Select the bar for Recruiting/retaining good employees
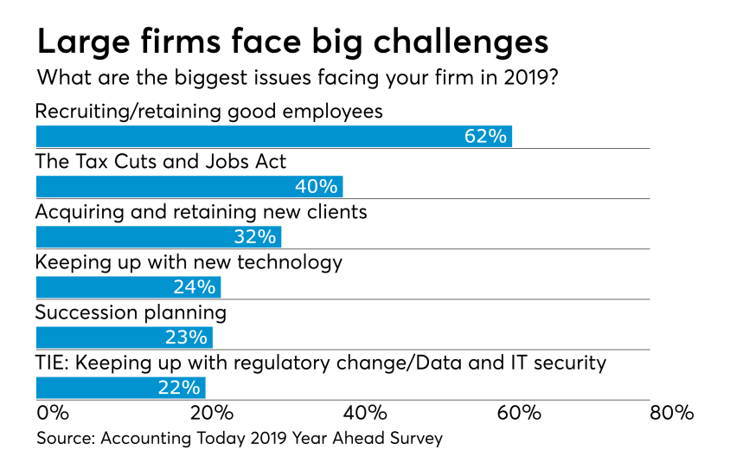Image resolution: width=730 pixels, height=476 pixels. (273, 137)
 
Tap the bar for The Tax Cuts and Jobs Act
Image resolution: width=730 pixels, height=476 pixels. (189, 187)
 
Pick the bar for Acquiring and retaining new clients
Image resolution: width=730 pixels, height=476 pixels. (157, 236)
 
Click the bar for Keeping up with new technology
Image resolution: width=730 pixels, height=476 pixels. (127, 286)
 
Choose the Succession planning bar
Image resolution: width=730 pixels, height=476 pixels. (123, 337)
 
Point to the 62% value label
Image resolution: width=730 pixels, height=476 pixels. (484, 137)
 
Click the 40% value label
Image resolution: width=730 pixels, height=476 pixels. (316, 187)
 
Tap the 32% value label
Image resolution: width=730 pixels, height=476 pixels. (254, 236)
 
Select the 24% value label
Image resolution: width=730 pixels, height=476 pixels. (194, 286)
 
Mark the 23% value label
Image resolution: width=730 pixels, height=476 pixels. (186, 337)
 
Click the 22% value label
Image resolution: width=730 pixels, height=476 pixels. (179, 387)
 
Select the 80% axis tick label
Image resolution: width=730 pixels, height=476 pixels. (673, 412)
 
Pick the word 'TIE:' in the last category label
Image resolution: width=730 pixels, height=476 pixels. (52, 362)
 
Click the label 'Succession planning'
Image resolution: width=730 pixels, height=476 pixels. (131, 312)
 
